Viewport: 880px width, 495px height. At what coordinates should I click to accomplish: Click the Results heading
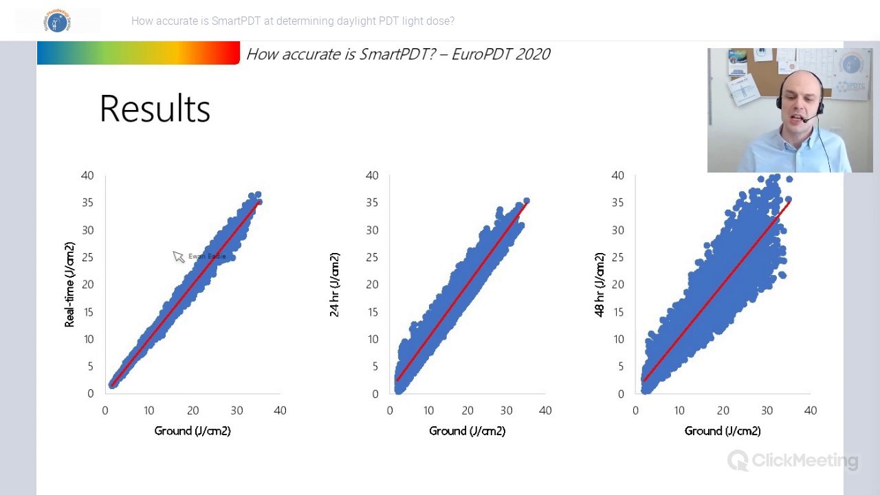[155, 109]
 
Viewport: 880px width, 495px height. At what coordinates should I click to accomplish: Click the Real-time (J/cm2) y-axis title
[69, 284]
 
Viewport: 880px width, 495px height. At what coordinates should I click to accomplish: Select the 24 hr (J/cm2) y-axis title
[334, 284]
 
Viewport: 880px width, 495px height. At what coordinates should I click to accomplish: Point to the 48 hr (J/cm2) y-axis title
[599, 284]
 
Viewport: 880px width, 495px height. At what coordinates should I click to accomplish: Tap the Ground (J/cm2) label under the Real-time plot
[192, 431]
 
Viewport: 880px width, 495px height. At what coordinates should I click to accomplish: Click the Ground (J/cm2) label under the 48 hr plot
[723, 431]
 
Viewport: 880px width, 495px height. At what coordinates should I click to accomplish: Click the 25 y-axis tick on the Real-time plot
[87, 257]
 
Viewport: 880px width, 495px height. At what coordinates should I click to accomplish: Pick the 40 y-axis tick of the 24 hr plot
[372, 175]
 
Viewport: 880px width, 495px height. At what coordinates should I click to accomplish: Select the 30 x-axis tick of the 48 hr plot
[767, 410]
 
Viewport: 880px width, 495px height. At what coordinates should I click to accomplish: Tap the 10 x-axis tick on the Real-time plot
[148, 410]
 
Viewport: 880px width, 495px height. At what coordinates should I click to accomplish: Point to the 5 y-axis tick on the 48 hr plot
[620, 366]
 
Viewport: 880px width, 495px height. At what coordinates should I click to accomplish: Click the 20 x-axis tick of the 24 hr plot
[467, 410]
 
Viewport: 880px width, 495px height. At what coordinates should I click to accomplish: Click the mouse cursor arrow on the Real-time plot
[177, 256]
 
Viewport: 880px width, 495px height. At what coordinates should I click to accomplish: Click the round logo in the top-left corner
[58, 21]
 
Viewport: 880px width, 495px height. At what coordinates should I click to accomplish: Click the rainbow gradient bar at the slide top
[137, 53]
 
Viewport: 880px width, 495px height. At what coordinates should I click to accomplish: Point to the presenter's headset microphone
[805, 121]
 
